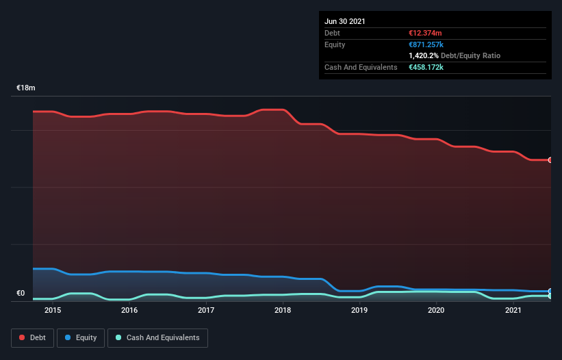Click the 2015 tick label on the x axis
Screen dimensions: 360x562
pos(53,310)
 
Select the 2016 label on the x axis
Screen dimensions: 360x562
pos(129,310)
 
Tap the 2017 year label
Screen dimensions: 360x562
pos(206,310)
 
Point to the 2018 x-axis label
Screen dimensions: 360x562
pos(283,310)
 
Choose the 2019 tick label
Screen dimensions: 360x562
pos(359,310)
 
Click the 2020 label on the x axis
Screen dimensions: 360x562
pos(436,310)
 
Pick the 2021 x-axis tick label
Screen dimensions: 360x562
pos(513,310)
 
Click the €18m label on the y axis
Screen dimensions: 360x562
pos(26,88)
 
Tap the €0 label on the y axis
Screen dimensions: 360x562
pos(21,294)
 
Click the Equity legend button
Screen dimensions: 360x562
pos(81,337)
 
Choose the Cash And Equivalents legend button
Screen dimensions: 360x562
pos(157,337)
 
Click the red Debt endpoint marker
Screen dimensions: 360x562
pos(550,160)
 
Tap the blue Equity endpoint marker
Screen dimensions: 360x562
pos(550,291)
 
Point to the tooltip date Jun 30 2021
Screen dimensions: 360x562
pos(344,21)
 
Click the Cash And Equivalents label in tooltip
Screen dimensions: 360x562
pos(361,67)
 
